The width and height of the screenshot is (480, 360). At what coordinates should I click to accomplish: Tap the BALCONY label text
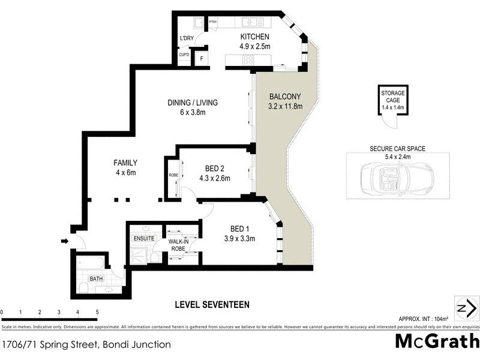[285, 97]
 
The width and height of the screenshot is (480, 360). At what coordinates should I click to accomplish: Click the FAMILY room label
[126, 163]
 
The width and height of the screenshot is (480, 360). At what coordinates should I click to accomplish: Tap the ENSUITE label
[144, 238]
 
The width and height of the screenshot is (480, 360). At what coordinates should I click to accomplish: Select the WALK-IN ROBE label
[178, 244]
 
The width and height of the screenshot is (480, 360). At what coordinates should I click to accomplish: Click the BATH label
[96, 279]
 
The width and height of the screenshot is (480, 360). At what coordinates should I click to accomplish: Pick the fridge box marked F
[202, 58]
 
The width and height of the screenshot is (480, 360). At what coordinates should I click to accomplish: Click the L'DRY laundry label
[187, 39]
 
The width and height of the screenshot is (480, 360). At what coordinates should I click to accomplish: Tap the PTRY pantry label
[212, 22]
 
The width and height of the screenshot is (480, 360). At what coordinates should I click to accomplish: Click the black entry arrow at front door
[65, 241]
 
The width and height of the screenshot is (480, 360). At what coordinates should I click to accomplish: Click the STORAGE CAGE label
[394, 97]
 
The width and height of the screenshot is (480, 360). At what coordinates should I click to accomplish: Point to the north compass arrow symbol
[466, 308]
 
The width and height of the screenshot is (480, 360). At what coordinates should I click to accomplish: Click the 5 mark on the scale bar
[97, 313]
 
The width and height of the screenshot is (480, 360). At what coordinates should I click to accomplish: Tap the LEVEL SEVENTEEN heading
[212, 305]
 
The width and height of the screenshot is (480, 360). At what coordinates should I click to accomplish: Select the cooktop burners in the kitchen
[248, 59]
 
